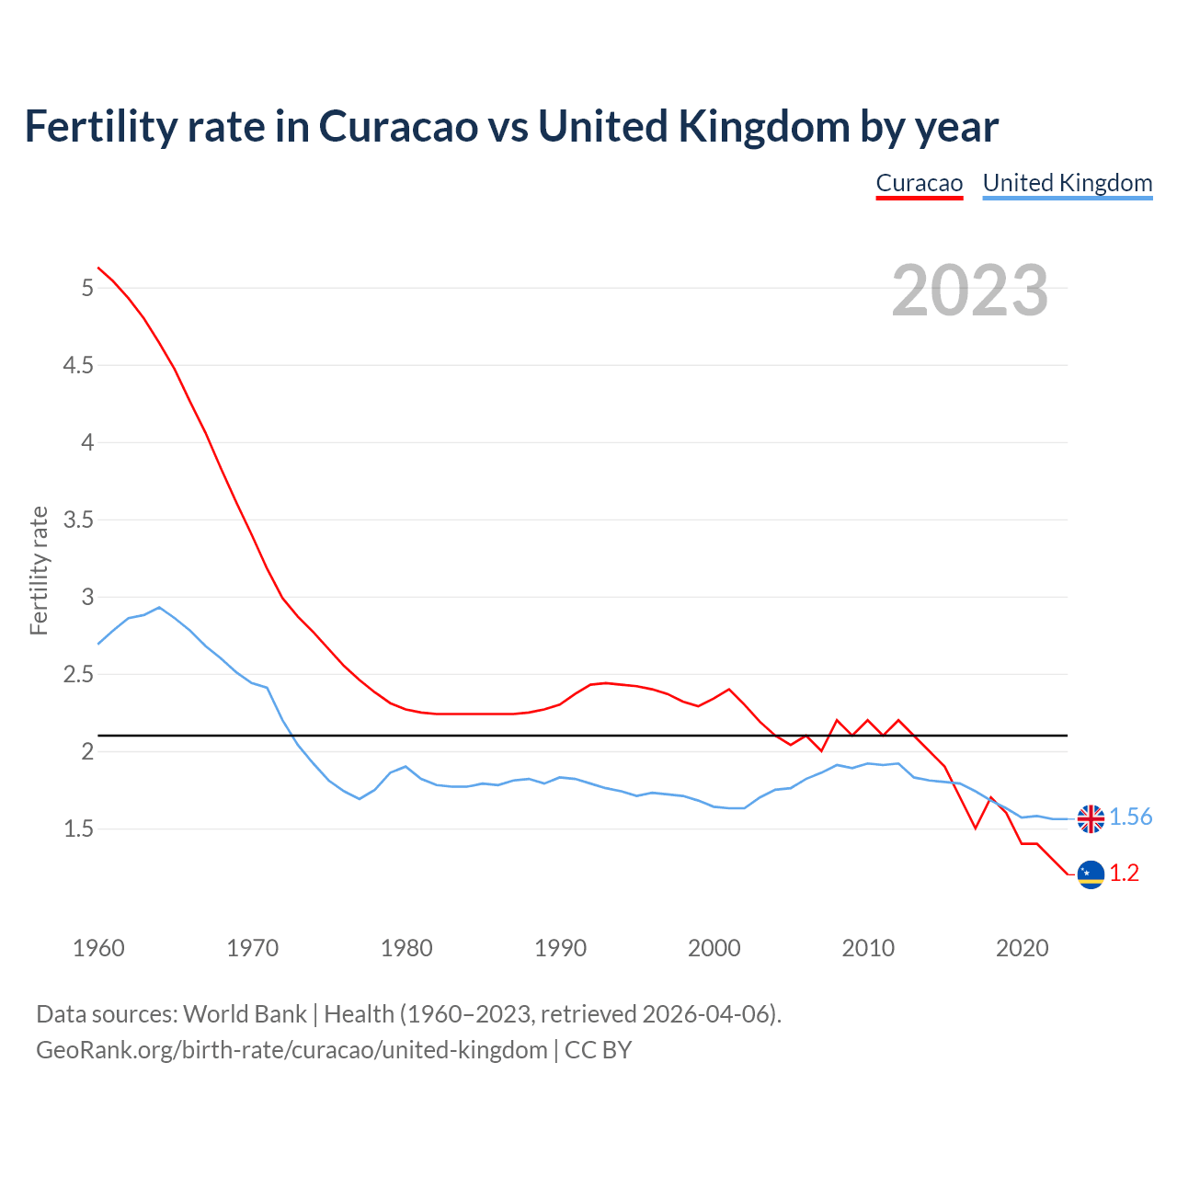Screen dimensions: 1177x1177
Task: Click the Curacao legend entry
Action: coord(919,183)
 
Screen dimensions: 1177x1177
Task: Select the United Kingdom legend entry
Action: coord(1067,183)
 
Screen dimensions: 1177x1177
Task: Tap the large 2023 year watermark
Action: coord(970,291)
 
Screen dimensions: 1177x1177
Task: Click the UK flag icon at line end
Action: coord(1091,818)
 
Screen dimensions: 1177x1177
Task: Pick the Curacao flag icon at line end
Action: coord(1091,874)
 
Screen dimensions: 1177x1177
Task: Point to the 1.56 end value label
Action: coord(1130,817)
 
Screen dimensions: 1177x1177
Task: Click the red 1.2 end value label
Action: coord(1124,874)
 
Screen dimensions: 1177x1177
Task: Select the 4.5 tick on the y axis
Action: coord(78,366)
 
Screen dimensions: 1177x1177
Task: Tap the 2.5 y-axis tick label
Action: coord(78,675)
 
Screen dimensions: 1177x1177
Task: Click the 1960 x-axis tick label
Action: coord(98,948)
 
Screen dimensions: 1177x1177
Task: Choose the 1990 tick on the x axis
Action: coord(560,948)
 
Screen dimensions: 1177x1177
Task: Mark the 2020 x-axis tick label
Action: coord(1022,948)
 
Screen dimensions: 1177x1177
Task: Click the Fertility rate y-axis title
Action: coord(39,570)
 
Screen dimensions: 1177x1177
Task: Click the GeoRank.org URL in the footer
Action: coord(291,1050)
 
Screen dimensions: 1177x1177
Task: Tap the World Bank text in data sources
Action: coord(245,1014)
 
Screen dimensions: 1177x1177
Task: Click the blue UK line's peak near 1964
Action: coord(159,607)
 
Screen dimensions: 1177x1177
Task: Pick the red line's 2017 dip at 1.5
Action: coord(975,828)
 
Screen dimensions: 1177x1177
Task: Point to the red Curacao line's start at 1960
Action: coord(98,268)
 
